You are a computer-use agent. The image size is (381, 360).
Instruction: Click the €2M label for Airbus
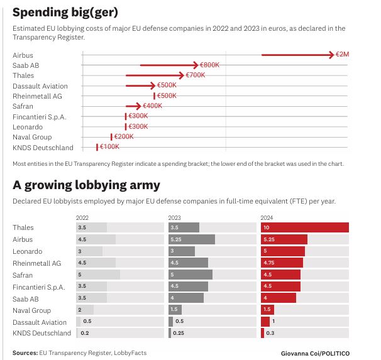point(342,55)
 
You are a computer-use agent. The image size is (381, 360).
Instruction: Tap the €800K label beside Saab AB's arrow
point(209,65)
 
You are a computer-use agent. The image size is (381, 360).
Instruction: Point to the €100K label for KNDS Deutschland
point(109,147)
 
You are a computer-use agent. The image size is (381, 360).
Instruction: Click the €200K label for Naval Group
point(123,137)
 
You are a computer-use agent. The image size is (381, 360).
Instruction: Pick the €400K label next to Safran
point(153,106)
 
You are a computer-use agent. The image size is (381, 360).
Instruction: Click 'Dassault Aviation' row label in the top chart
point(40,86)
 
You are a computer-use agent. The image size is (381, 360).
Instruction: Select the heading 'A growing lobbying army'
point(86,185)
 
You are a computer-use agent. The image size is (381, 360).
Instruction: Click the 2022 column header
point(83,217)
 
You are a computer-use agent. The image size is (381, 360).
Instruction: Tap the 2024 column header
point(268,217)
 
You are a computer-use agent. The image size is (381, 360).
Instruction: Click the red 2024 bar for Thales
point(304,227)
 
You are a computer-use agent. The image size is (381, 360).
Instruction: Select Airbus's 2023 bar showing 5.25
point(191,239)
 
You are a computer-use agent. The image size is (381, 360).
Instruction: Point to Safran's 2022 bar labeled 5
point(97,275)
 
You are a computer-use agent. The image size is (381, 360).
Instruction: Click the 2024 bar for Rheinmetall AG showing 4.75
point(282,263)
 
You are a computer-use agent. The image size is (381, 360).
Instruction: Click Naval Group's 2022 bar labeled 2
point(84,310)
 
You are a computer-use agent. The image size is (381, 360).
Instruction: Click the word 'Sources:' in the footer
point(25,353)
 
